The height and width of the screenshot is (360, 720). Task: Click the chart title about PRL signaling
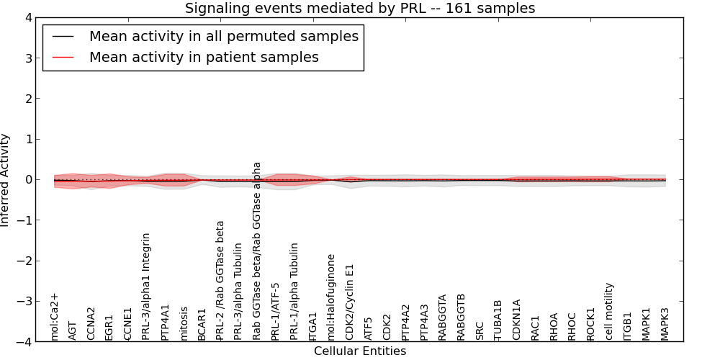coord(360,8)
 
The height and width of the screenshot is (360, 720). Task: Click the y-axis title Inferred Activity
coord(6,180)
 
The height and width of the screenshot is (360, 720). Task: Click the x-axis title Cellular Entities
coord(360,351)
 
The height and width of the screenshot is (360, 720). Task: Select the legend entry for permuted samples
coord(223,37)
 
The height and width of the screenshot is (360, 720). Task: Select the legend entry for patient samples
coord(204,57)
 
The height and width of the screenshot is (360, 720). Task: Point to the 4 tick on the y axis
coord(27,17)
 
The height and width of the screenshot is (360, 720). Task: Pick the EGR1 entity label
coord(109,326)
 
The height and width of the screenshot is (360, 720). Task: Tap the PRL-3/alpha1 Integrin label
coord(147,286)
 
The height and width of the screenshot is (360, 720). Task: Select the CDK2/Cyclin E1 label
coord(351,302)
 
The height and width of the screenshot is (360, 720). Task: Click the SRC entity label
coord(480,330)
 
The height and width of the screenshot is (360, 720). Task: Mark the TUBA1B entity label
coord(498,320)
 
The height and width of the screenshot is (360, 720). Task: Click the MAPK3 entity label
coord(665,323)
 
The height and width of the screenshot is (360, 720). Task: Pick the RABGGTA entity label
coord(443,317)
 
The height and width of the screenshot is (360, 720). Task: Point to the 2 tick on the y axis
coord(27,99)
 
